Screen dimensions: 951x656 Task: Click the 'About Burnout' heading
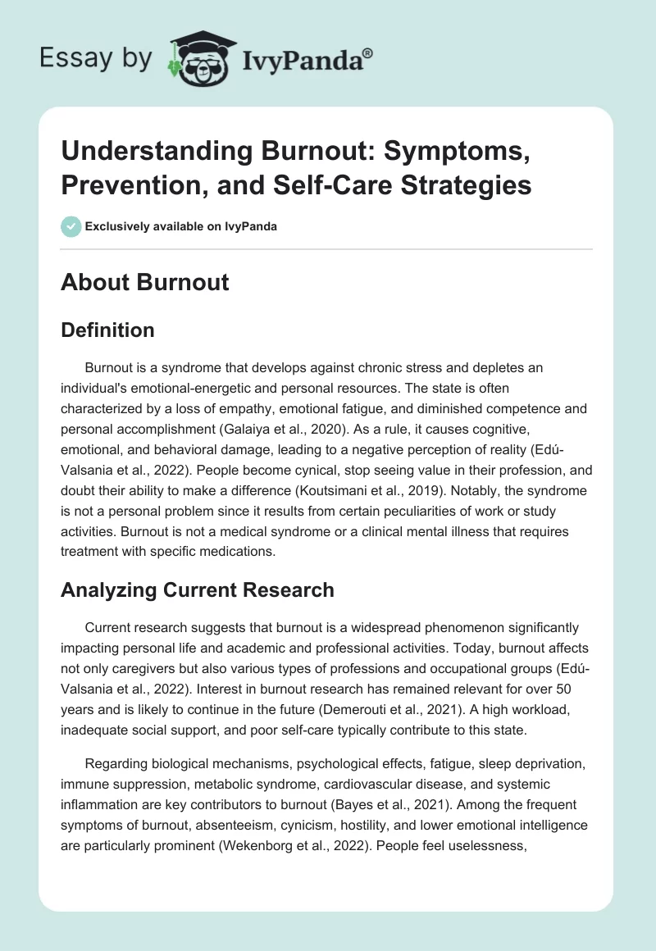coord(144,282)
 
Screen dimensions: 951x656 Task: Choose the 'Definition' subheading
coord(107,330)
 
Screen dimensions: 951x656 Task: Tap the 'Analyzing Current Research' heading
coord(197,589)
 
